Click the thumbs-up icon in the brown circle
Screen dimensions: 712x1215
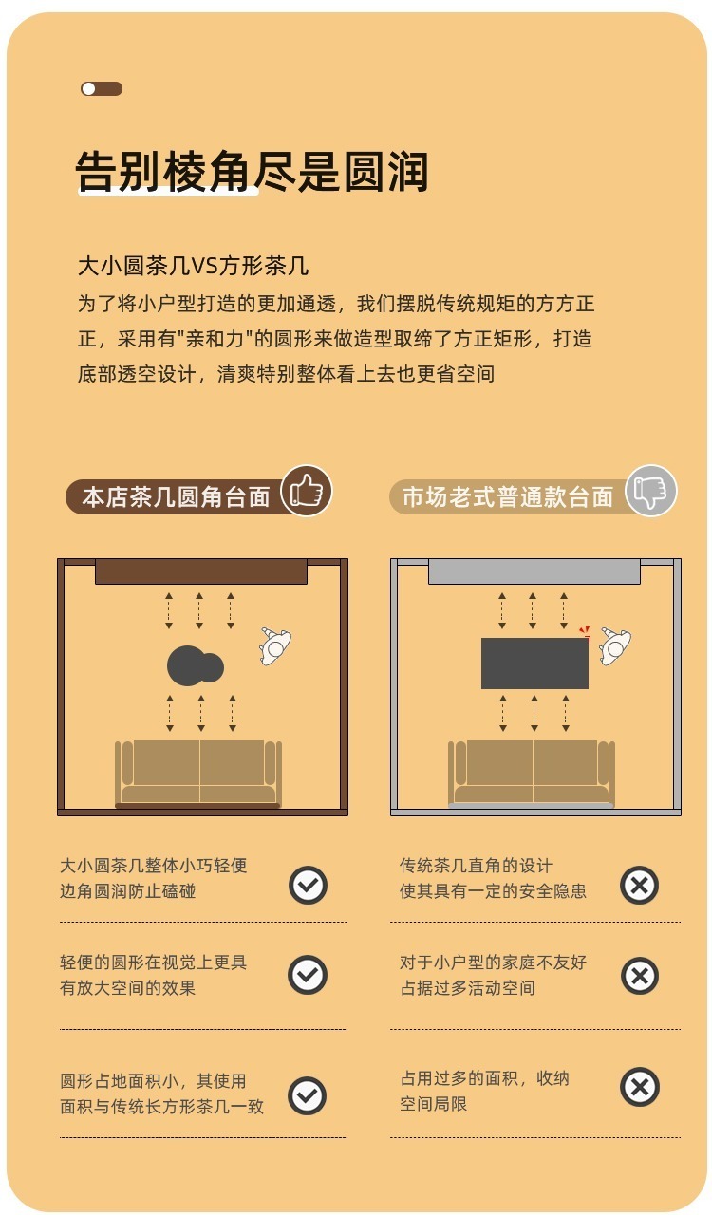click(x=307, y=491)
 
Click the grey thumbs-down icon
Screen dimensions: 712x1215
click(x=650, y=491)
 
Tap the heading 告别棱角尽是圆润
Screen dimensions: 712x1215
click(x=252, y=172)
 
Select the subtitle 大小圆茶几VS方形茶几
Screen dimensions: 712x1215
click(x=194, y=266)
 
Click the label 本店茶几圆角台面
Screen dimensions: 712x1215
click(x=176, y=496)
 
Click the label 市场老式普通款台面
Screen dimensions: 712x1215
click(x=507, y=496)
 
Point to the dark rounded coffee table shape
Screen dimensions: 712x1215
click(x=195, y=665)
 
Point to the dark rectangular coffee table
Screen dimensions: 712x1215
click(x=534, y=663)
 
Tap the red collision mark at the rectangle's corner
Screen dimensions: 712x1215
click(x=585, y=633)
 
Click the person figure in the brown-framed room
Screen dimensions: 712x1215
click(x=275, y=646)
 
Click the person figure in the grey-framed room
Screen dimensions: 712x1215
click(x=615, y=646)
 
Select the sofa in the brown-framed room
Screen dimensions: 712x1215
click(x=198, y=773)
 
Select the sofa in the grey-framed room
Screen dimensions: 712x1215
click(x=532, y=773)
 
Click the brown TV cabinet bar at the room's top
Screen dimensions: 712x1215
click(x=201, y=571)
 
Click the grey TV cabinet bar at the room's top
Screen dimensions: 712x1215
click(x=534, y=571)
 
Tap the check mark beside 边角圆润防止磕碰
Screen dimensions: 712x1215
click(x=308, y=886)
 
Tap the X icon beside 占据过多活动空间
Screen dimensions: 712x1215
click(x=640, y=976)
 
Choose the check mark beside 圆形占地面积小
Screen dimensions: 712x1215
click(x=308, y=1095)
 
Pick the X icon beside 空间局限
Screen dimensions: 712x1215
click(x=640, y=1087)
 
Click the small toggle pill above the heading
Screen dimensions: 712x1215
click(x=102, y=88)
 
